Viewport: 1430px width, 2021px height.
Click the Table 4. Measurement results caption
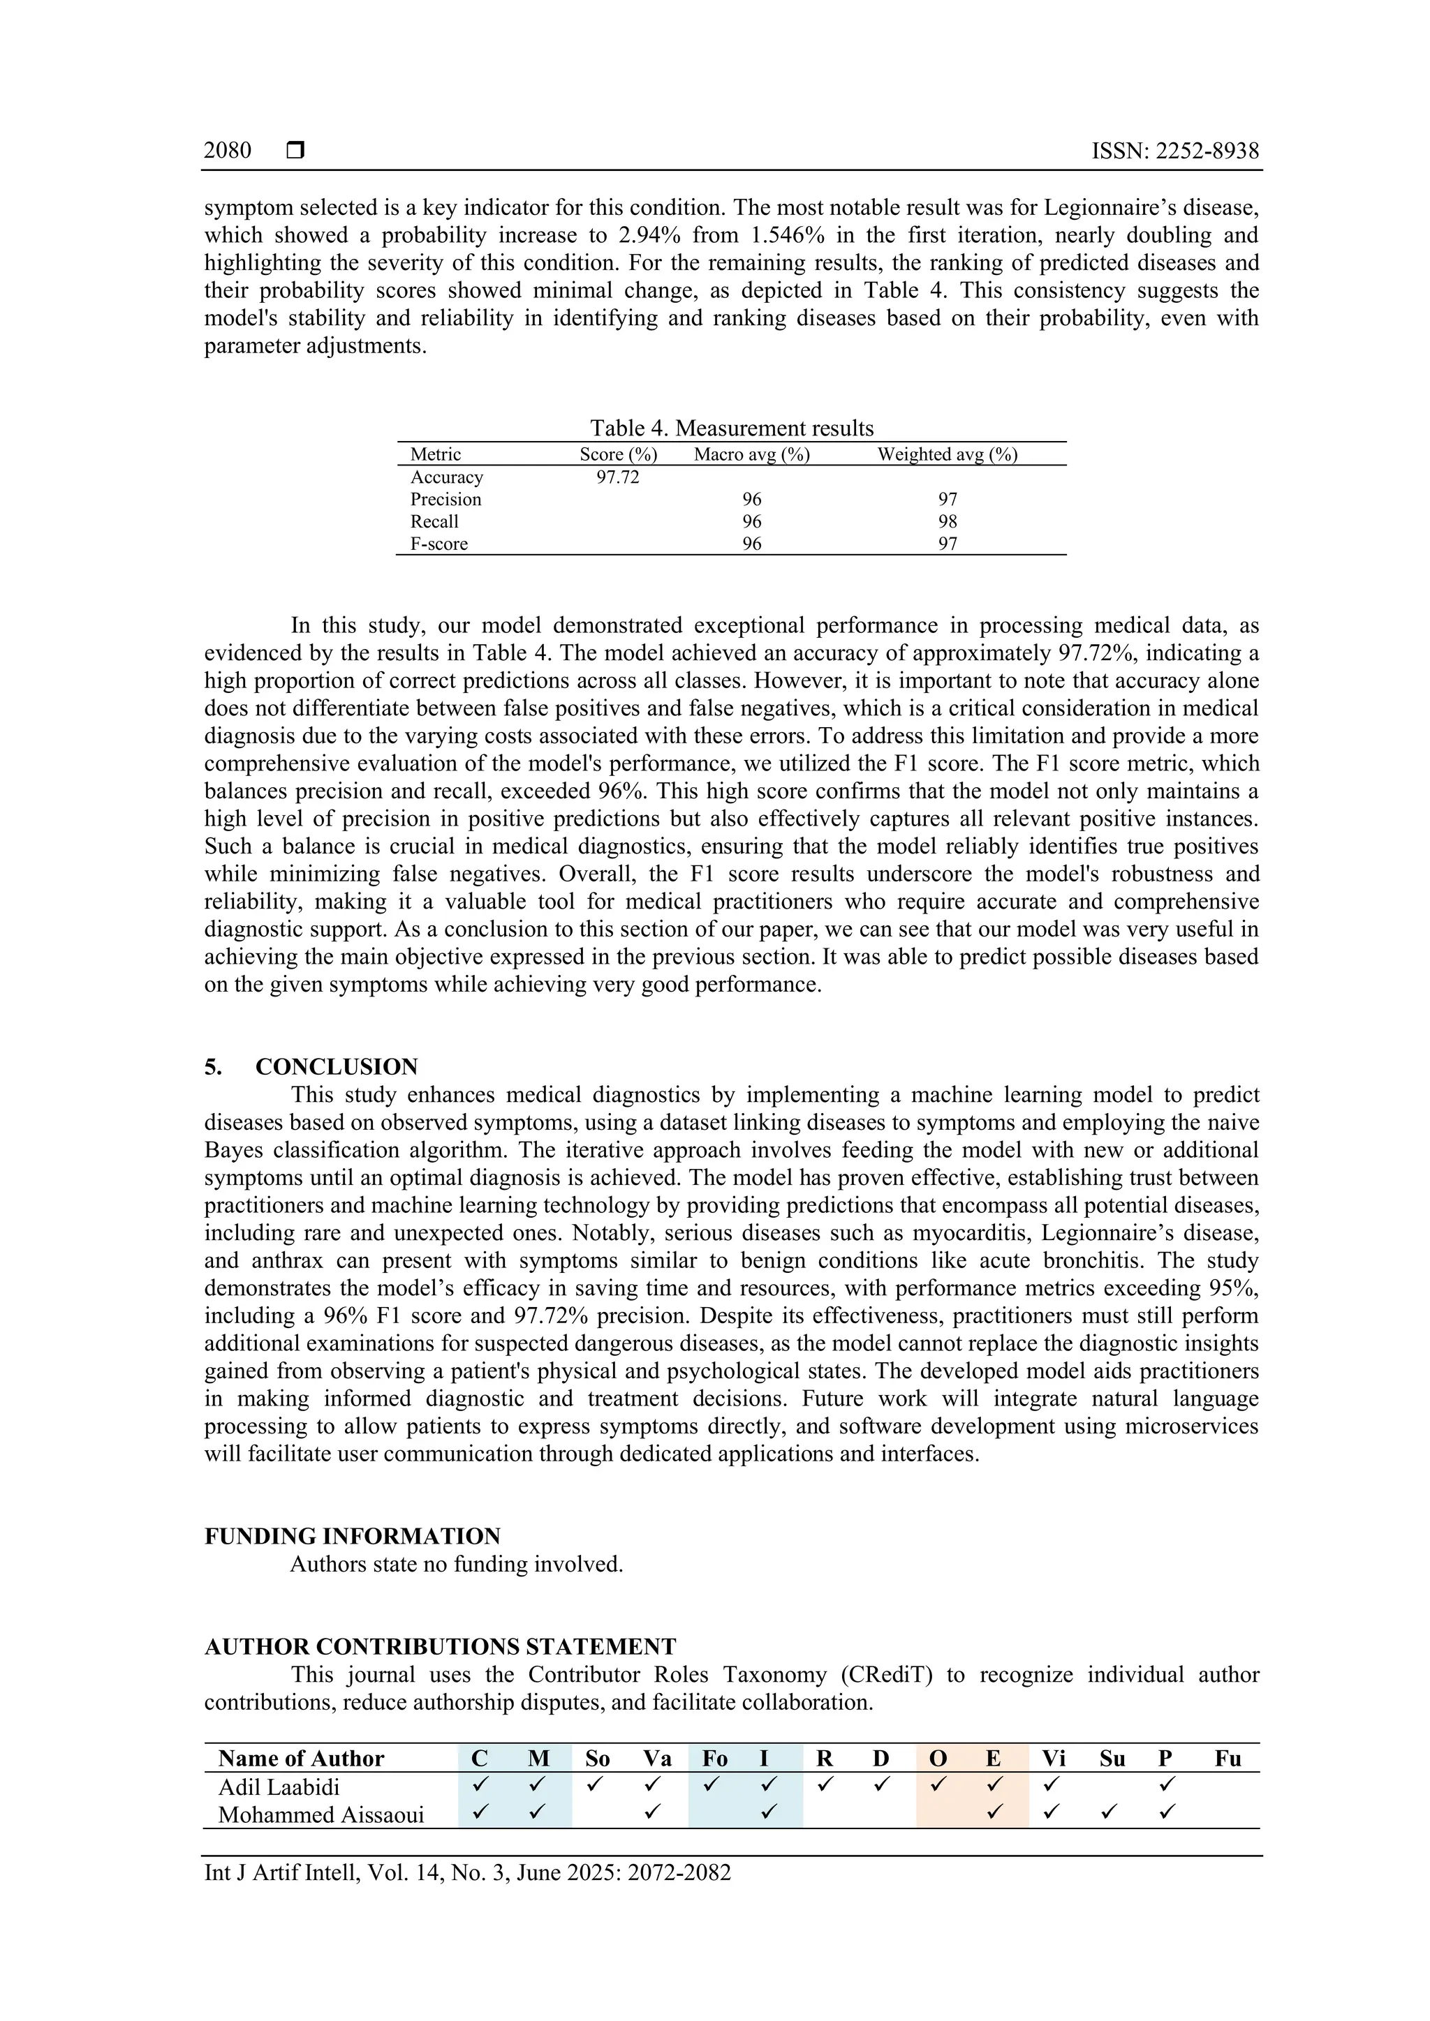coord(731,428)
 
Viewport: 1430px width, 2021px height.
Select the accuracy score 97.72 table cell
coord(617,477)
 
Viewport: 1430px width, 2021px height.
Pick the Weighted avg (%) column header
coord(947,454)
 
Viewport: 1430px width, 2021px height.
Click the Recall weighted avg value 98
coord(947,521)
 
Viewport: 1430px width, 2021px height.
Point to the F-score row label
coord(438,544)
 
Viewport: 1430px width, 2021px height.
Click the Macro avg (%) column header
coord(751,454)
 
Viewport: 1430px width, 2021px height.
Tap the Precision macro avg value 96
coord(751,499)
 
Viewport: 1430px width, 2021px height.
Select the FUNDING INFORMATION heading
coord(352,1536)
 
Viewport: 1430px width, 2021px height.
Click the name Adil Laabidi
coord(279,1787)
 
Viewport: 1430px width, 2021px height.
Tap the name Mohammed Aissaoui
coord(320,1815)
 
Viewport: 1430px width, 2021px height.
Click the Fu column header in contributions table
coord(1228,1759)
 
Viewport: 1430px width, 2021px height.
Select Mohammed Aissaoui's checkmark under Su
coord(1110,1812)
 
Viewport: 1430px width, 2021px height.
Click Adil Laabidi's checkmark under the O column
coord(938,1785)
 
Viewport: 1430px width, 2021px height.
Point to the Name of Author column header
coord(301,1759)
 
